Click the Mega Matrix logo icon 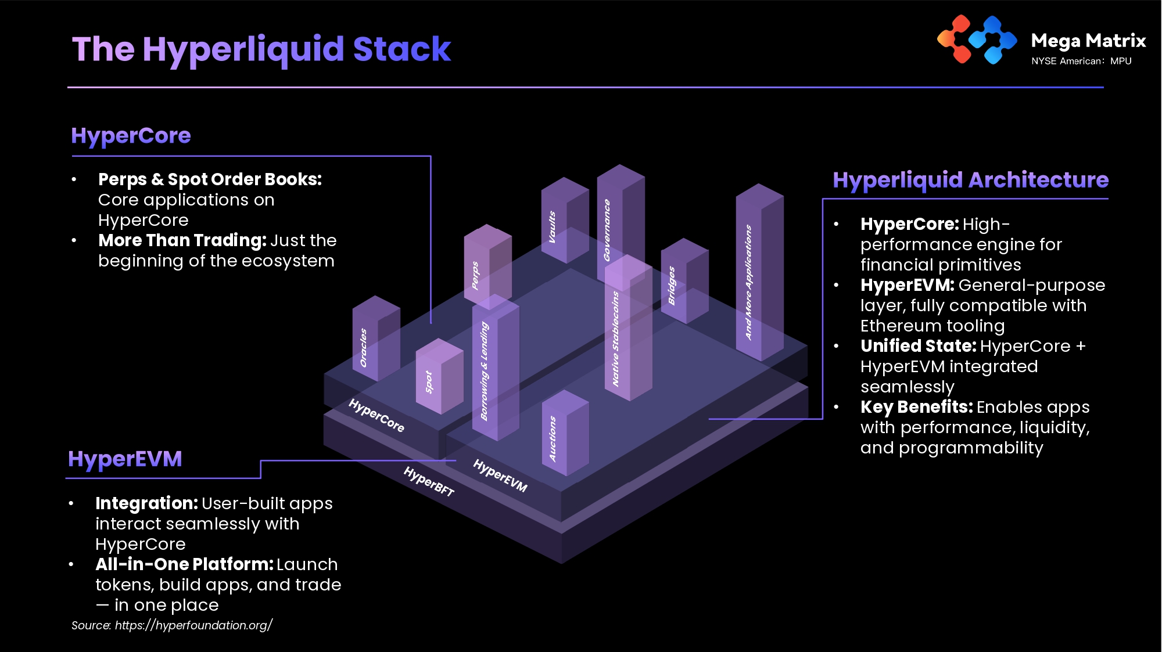pyautogui.click(x=977, y=39)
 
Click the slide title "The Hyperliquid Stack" pyautogui.click(x=261, y=49)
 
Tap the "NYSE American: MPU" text pyautogui.click(x=1081, y=61)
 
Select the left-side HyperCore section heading pyautogui.click(x=131, y=135)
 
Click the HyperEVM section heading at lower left pyautogui.click(x=125, y=459)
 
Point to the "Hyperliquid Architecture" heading pyautogui.click(x=970, y=180)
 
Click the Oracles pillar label pyautogui.click(x=364, y=348)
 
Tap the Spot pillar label pyautogui.click(x=429, y=382)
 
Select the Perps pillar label pyautogui.click(x=475, y=275)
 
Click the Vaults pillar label pyautogui.click(x=552, y=227)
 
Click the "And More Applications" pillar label pyautogui.click(x=749, y=282)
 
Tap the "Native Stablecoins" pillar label pyautogui.click(x=616, y=339)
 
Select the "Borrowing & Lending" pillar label pyautogui.click(x=485, y=372)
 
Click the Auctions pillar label pyautogui.click(x=553, y=439)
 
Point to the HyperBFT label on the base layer pyautogui.click(x=429, y=481)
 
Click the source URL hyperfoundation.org pyautogui.click(x=193, y=625)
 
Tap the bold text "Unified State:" pyautogui.click(x=918, y=346)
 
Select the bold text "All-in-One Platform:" pyautogui.click(x=184, y=564)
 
